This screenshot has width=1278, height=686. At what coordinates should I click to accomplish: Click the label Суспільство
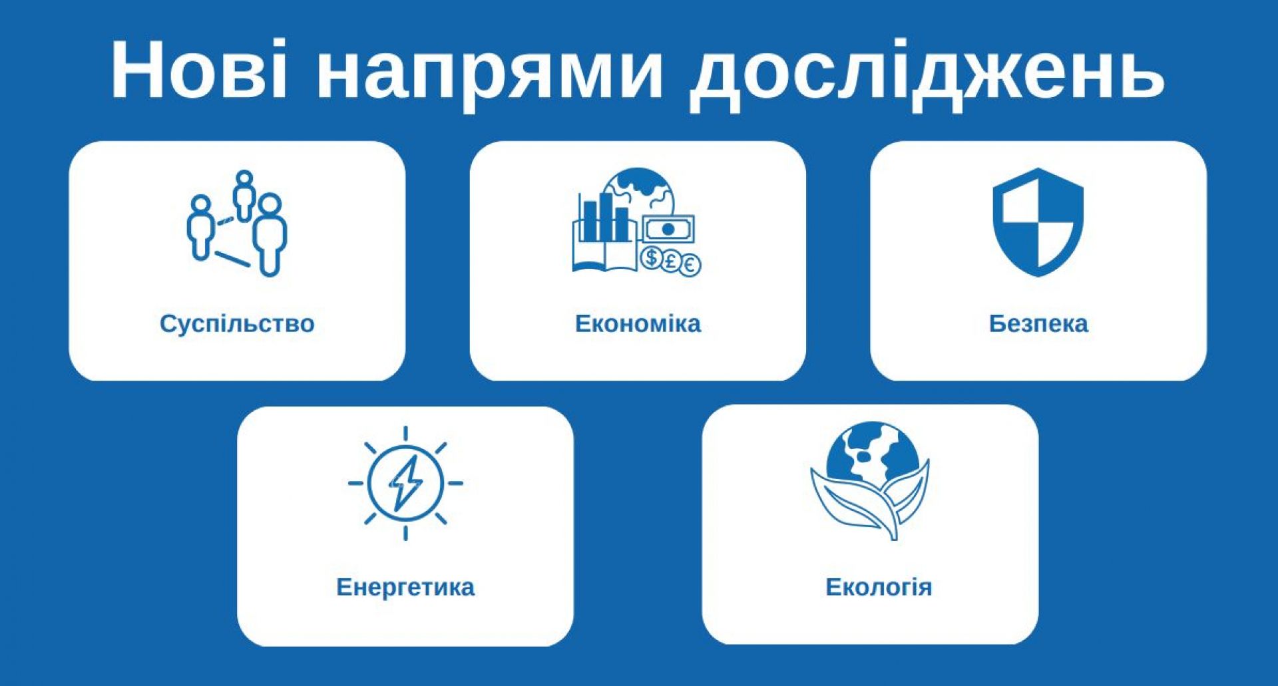(237, 324)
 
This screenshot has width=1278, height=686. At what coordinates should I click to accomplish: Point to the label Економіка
(638, 324)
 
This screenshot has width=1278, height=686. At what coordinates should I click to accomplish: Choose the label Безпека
(1038, 324)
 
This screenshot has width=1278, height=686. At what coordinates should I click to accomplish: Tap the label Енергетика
(405, 588)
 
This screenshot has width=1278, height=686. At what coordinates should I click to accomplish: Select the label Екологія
(879, 588)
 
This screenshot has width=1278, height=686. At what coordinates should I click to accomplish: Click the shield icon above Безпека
(1038, 222)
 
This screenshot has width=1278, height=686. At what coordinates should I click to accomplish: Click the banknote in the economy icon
(668, 230)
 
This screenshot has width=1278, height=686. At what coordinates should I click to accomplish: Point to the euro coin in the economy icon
(690, 265)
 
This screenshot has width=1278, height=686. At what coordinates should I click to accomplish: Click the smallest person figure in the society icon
(244, 196)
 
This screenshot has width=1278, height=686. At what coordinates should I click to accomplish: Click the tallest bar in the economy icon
(606, 217)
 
